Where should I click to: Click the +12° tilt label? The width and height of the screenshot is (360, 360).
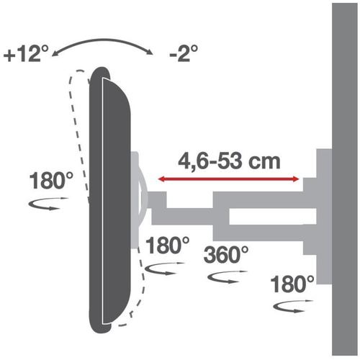[26, 53]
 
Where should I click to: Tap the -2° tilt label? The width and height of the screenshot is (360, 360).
[184, 53]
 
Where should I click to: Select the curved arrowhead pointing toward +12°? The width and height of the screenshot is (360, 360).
[55, 54]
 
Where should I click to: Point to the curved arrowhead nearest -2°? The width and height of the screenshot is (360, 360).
[150, 52]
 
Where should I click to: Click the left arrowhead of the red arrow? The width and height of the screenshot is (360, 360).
[161, 179]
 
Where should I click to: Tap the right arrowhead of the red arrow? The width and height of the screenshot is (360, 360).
[296, 179]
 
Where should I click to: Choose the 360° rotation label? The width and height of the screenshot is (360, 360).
[226, 255]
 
